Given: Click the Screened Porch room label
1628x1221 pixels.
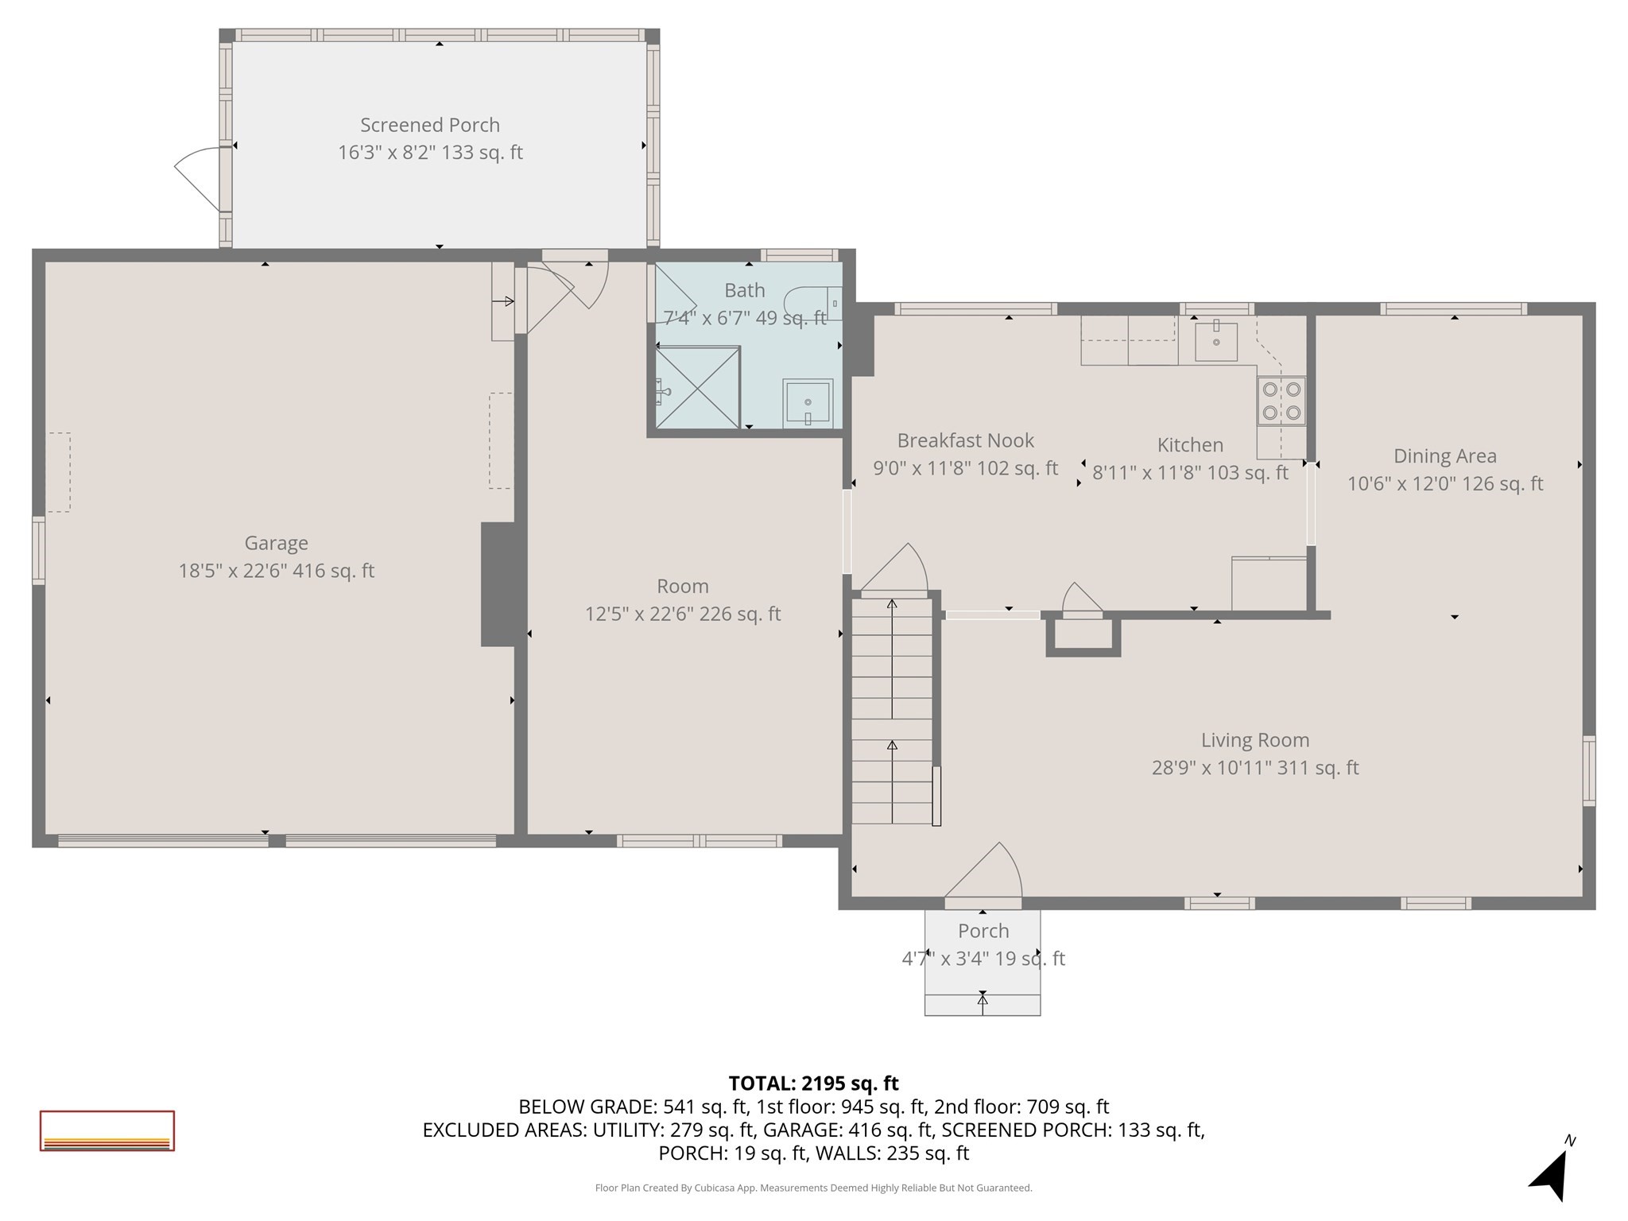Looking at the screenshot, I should tap(430, 126).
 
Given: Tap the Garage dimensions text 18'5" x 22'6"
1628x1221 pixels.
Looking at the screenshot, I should tap(276, 571).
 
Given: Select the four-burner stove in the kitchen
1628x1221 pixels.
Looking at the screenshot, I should tap(1281, 401).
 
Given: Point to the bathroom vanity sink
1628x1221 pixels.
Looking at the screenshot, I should tap(808, 404).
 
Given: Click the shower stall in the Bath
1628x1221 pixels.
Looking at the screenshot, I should tap(697, 388).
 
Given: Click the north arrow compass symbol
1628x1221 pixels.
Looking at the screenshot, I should tap(1551, 1173).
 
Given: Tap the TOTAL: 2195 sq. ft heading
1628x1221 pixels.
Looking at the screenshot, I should tap(813, 1083).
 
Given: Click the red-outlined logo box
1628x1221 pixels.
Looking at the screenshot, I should tap(107, 1130).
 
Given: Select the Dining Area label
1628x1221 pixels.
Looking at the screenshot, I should tap(1444, 456).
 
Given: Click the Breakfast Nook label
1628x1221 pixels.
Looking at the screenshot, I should tap(965, 440).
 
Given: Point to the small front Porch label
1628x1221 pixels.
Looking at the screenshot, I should tap(983, 931).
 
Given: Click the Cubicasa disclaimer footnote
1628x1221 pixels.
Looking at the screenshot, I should tap(813, 1188).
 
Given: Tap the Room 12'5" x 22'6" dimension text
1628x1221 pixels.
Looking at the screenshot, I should tap(683, 614).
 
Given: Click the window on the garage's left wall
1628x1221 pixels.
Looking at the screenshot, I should tap(38, 551).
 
